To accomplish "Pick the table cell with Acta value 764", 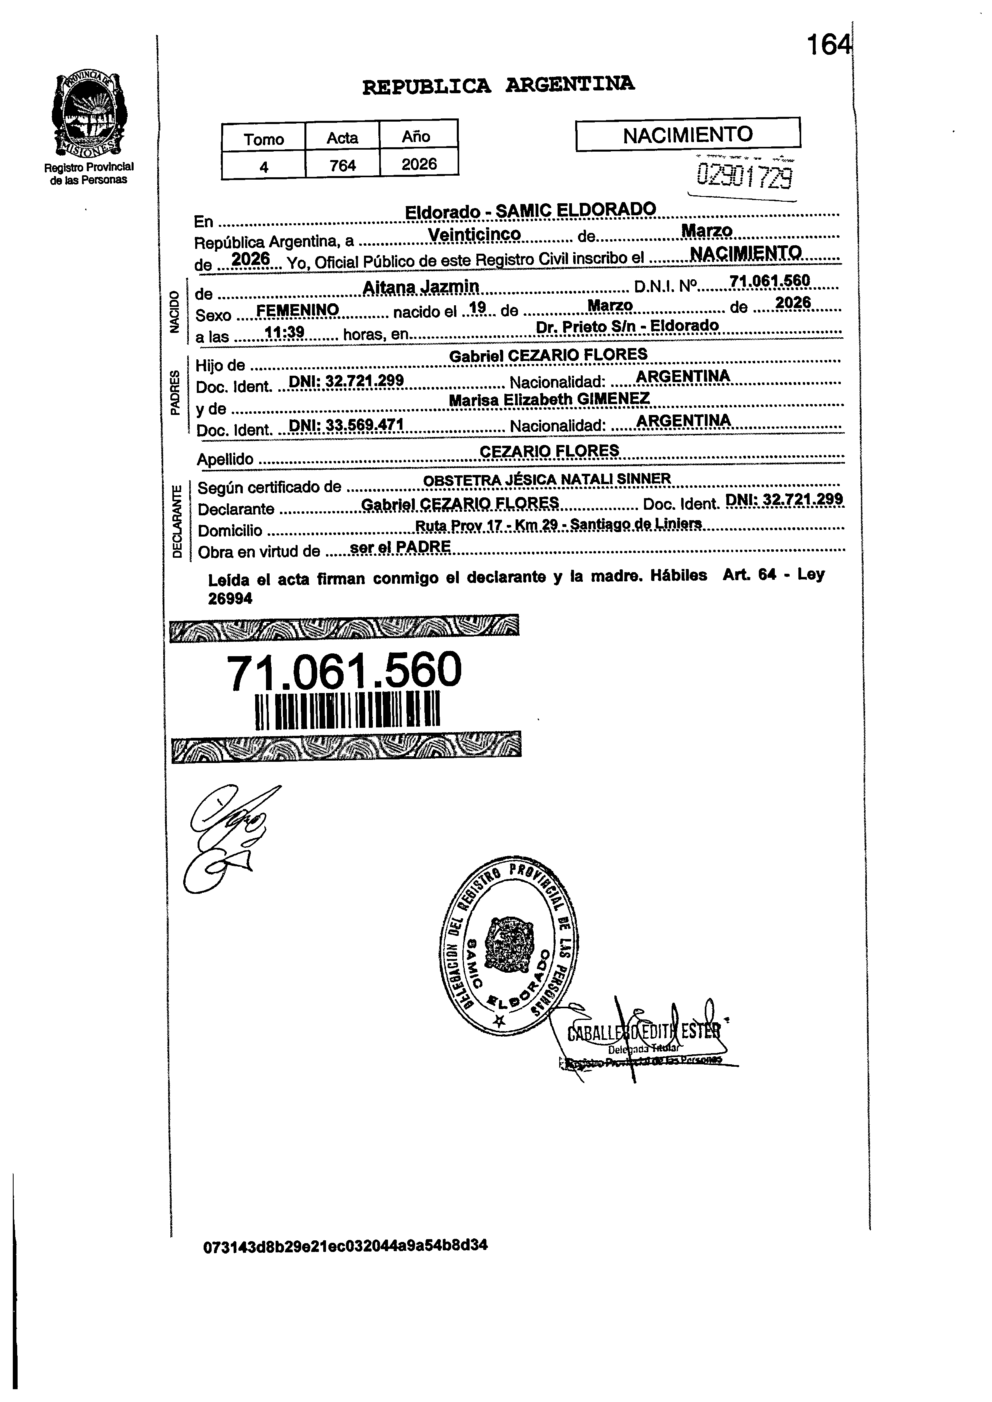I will click(342, 165).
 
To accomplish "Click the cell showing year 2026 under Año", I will click(419, 164).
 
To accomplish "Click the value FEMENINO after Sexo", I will click(298, 310).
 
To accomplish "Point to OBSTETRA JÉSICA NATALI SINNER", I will click(547, 480).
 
